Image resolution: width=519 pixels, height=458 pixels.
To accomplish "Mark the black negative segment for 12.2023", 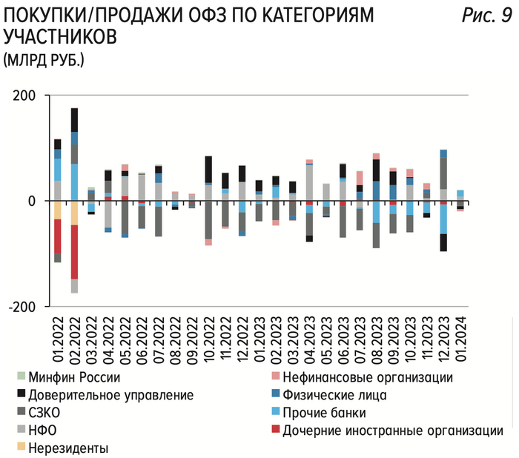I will [443, 242].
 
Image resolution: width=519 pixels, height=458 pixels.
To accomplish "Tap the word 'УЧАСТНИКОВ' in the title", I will [59, 36].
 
